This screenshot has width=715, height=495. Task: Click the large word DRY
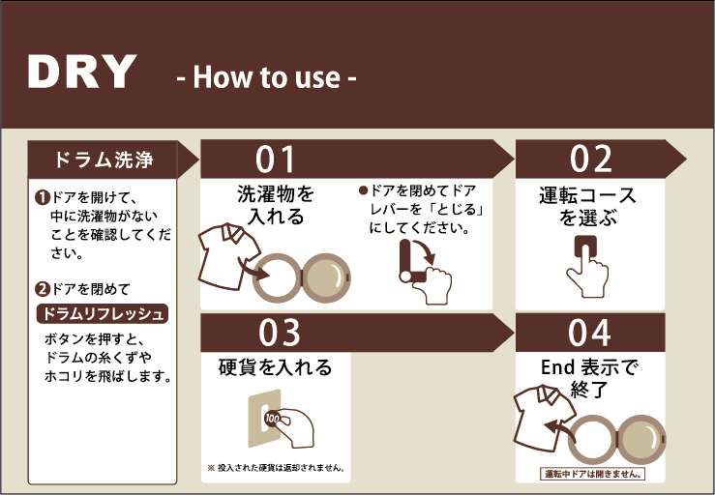click(x=82, y=72)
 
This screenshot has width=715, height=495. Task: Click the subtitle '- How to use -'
click(x=266, y=77)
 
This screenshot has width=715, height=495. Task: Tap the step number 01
click(x=275, y=160)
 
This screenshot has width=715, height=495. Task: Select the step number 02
click(x=591, y=160)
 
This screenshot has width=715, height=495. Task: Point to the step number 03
click(x=279, y=333)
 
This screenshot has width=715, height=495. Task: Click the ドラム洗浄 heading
click(x=104, y=160)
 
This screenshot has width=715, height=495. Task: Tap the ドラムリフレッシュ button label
click(x=103, y=314)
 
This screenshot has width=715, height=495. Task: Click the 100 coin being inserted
click(x=272, y=419)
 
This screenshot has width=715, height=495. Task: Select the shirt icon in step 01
click(x=229, y=256)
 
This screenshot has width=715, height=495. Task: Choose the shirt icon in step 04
click(x=544, y=418)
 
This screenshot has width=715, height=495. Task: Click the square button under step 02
click(x=585, y=247)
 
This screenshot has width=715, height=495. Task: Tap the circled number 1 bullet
click(x=42, y=197)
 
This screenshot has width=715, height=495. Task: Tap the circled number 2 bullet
click(x=42, y=288)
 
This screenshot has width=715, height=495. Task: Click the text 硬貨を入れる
click(x=275, y=367)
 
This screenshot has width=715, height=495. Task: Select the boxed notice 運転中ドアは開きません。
click(x=592, y=474)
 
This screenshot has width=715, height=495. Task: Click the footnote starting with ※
click(x=277, y=468)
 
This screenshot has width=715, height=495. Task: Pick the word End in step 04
click(x=557, y=367)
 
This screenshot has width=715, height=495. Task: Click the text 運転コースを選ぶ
click(x=587, y=207)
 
